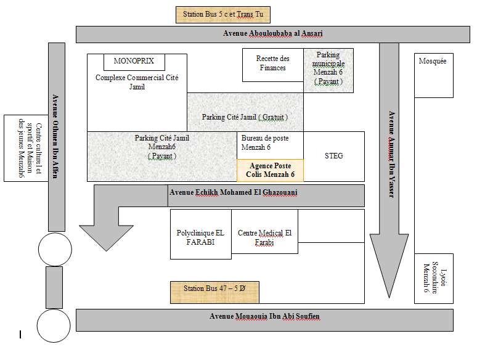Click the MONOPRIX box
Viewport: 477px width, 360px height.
click(134, 62)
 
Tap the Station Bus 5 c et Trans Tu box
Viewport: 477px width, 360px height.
click(223, 15)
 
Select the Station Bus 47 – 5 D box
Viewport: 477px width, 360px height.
click(214, 292)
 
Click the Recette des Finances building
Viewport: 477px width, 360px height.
click(273, 65)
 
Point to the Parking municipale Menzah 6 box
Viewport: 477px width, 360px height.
click(328, 70)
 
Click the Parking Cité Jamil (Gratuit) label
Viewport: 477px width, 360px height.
click(245, 117)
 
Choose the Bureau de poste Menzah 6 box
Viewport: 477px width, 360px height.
click(270, 145)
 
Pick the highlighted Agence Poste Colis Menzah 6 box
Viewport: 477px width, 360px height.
click(270, 170)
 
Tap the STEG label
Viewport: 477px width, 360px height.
click(334, 156)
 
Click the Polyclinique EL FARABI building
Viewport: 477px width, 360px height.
click(201, 234)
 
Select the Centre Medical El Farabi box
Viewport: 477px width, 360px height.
click(264, 231)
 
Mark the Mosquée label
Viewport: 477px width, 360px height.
click(432, 61)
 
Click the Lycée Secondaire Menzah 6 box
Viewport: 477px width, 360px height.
click(434, 279)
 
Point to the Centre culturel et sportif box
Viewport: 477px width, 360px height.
click(26, 148)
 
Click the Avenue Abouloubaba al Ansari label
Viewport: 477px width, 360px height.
click(273, 33)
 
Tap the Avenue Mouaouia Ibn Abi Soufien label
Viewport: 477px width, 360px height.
click(264, 316)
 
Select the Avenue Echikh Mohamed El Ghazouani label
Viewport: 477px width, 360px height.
click(234, 192)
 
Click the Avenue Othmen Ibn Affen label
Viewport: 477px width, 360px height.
click(55, 136)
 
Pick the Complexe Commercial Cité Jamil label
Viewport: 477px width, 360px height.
click(137, 82)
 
